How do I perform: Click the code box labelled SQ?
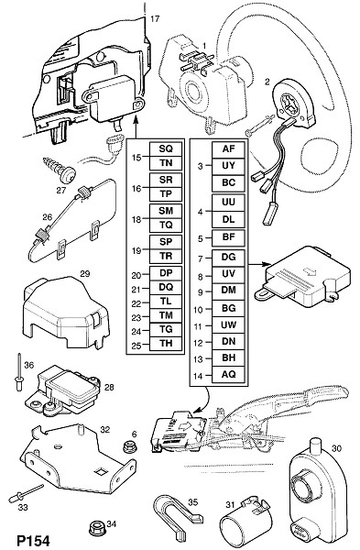[166, 148]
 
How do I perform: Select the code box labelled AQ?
[228, 375]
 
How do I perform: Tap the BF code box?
[228, 237]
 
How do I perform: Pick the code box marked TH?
[166, 344]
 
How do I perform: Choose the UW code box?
[228, 324]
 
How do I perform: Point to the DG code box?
[228, 258]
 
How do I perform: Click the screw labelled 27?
[59, 170]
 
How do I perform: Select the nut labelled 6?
[129, 447]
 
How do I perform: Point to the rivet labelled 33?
[27, 494]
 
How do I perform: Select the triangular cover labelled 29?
[66, 313]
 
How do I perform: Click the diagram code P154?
[34, 541]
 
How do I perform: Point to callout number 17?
[155, 19]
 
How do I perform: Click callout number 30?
[336, 448]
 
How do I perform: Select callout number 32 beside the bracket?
[105, 429]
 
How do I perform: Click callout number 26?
[48, 217]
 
